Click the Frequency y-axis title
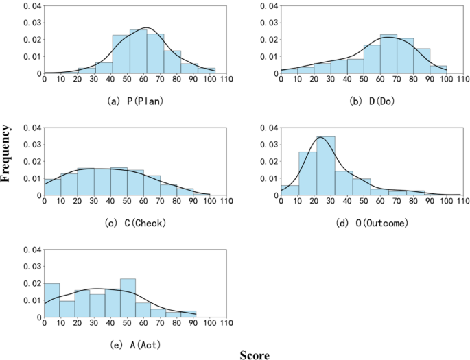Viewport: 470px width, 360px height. [6, 152]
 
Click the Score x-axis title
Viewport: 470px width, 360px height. [255, 355]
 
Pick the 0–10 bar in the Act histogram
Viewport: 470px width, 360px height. [52, 300]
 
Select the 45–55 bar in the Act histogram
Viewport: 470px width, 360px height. [128, 298]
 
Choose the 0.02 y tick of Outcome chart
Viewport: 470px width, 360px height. [270, 161]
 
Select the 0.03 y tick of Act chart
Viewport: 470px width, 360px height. [33, 267]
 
